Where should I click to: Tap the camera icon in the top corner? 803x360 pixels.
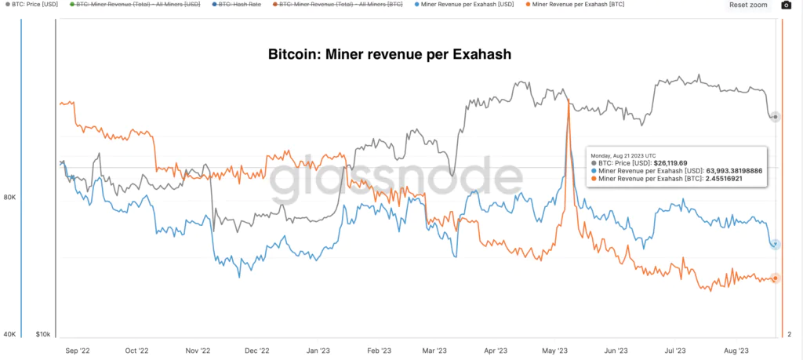tap(787, 5)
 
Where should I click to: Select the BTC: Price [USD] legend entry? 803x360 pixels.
tap(34, 5)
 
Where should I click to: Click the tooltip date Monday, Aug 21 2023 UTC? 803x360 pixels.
tap(624, 155)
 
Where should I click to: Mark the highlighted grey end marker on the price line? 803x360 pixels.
tap(775, 117)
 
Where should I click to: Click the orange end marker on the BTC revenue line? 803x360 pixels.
tap(775, 278)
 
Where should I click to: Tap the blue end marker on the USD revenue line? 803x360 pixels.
tap(775, 244)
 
